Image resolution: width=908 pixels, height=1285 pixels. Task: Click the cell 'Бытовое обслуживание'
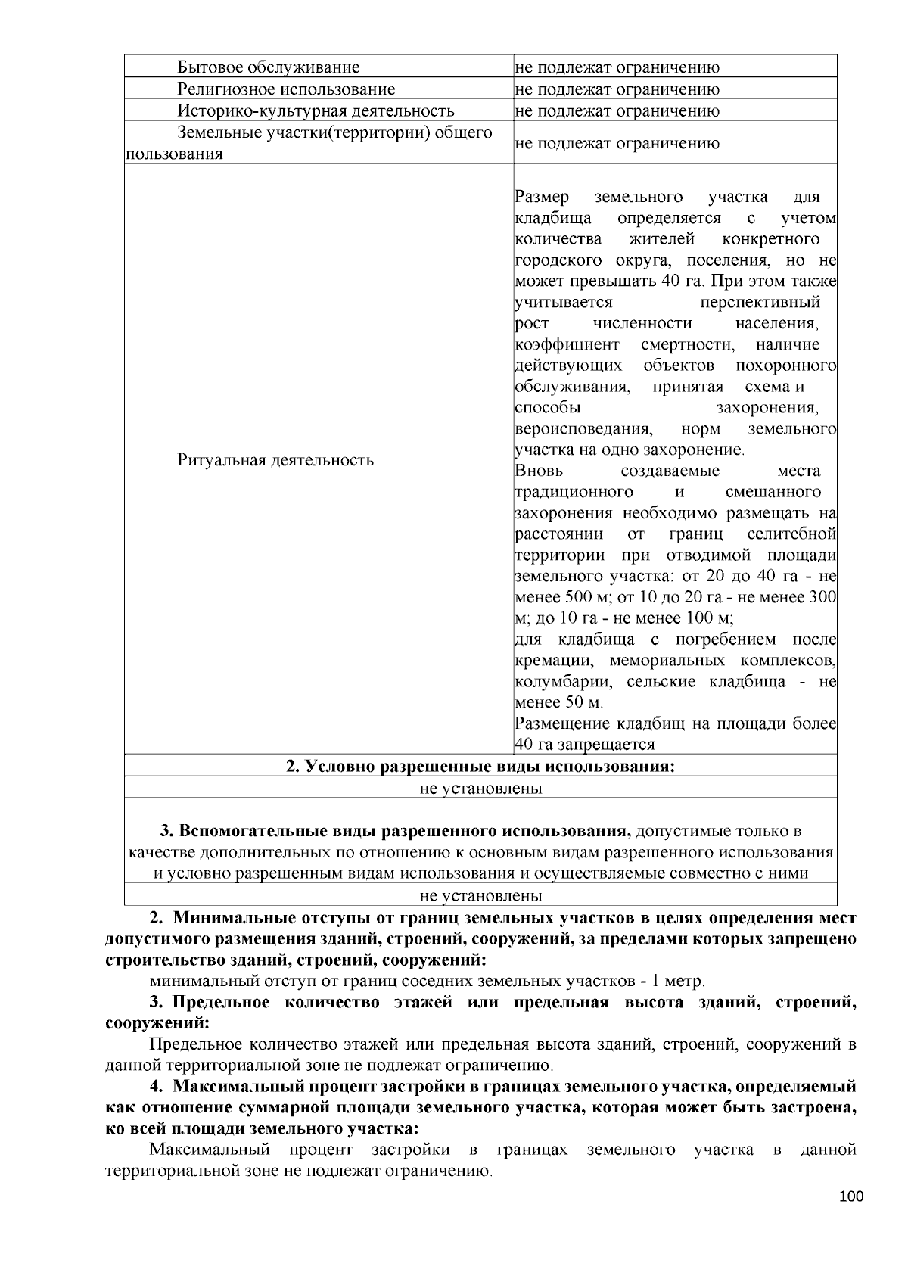point(268,67)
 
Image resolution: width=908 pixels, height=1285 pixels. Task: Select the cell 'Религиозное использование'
point(286,89)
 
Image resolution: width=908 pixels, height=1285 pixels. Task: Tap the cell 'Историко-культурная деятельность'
point(316,111)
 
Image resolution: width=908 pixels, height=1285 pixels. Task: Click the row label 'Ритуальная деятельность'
point(275,460)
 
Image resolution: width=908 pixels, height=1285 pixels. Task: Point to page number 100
point(851,1196)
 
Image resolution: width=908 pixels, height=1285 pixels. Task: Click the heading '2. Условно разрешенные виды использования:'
point(480,766)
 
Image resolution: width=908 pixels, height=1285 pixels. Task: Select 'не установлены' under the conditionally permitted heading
point(480,788)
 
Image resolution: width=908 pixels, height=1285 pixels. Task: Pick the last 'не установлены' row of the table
point(480,896)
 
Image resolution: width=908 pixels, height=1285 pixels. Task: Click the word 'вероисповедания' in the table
point(583,429)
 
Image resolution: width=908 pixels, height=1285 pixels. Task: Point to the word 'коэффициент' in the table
point(567,345)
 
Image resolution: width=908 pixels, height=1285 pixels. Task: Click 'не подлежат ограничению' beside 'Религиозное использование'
point(617,89)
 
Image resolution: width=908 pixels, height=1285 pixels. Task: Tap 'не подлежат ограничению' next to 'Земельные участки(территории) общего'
point(617,143)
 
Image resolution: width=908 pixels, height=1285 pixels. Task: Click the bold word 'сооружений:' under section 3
point(157,1024)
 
